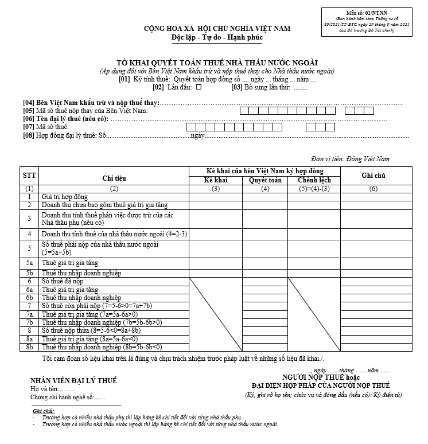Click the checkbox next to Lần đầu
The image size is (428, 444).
(x=199, y=88)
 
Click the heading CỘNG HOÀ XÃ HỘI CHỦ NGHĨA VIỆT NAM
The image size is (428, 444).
(x=217, y=29)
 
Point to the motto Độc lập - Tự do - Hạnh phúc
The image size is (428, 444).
(x=217, y=38)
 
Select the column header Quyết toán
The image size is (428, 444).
(x=265, y=180)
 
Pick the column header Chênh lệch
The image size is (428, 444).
(x=314, y=180)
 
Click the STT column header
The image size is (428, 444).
(x=29, y=176)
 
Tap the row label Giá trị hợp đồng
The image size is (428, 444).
(x=64, y=196)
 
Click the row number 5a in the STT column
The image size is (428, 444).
(x=29, y=263)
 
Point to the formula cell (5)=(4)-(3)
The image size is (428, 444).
(x=314, y=188)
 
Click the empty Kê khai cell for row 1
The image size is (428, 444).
(x=215, y=196)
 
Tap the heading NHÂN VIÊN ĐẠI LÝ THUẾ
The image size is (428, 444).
(x=73, y=381)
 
